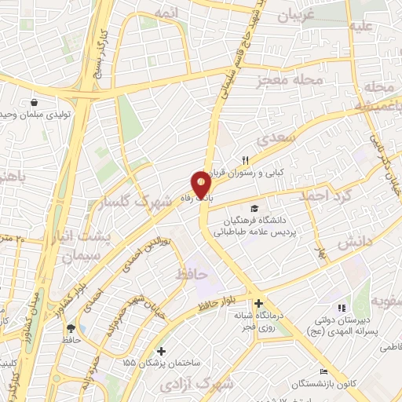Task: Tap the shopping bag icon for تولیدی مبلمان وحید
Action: (x=34, y=103)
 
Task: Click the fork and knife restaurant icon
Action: (x=245, y=160)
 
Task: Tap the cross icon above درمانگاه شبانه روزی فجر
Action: (x=258, y=303)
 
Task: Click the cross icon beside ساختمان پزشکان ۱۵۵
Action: (x=162, y=351)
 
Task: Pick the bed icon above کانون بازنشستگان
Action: (x=323, y=372)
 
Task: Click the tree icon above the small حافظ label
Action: (x=71, y=328)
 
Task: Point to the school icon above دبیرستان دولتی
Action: (x=340, y=309)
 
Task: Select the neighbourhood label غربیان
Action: (x=298, y=15)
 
